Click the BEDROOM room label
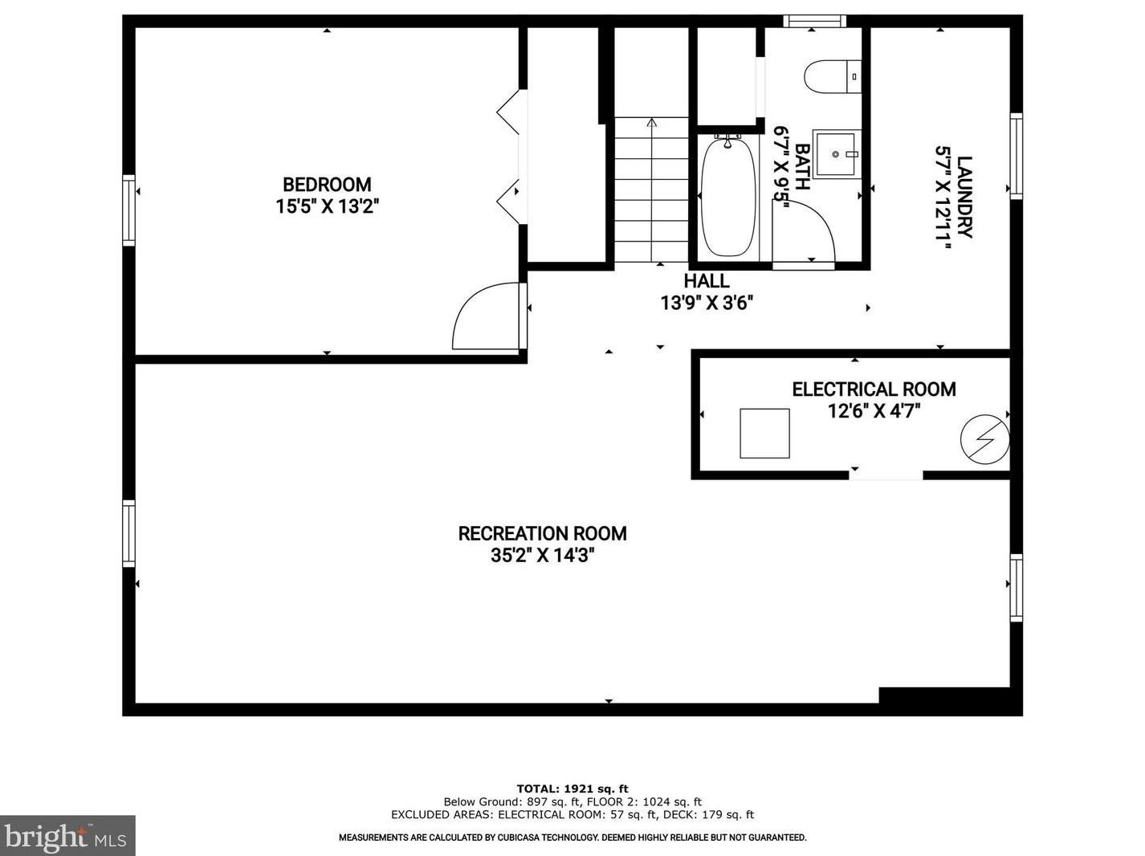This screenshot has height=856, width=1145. tap(327, 185)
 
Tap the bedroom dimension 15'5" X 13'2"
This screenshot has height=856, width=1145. tap(327, 206)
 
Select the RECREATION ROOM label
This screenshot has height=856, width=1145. tap(542, 533)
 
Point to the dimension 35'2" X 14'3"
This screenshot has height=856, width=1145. tap(542, 555)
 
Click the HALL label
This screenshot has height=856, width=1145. tap(707, 281)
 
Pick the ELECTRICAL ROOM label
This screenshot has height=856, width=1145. tap(874, 389)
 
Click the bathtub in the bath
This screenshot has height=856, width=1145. tap(728, 197)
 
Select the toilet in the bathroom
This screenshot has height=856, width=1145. tap(831, 76)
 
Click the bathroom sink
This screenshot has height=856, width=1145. tap(836, 153)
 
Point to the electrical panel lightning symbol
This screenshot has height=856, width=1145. tap(984, 439)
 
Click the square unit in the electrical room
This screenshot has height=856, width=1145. tap(764, 433)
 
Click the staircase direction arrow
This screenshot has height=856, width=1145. tap(651, 124)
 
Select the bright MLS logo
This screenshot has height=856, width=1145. tap(67, 836)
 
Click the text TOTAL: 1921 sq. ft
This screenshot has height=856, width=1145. tap(572, 789)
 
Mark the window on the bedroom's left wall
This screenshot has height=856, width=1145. tap(128, 210)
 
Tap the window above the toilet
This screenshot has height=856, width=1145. tap(814, 21)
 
